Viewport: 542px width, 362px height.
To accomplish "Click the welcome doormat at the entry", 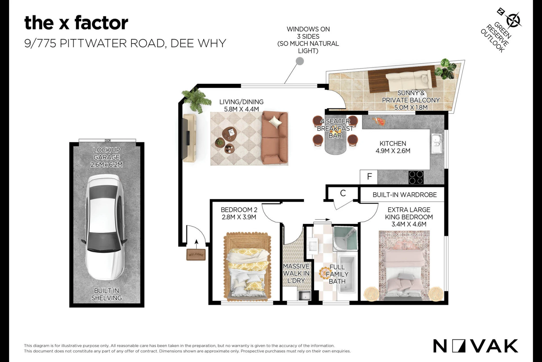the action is point(196,255).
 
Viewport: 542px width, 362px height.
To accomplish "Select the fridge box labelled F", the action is point(369,177).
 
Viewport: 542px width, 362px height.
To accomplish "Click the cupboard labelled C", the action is point(343,193).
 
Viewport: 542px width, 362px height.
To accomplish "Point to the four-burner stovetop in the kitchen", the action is point(416,177).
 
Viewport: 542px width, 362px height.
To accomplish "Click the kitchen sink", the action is point(437,144).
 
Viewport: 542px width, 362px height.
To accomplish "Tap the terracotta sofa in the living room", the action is point(275,138).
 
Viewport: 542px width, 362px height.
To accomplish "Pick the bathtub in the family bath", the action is point(347,275).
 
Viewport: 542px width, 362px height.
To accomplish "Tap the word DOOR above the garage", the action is point(107,141).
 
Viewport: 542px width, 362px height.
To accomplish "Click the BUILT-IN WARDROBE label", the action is point(404,195).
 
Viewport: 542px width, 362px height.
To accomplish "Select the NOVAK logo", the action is point(476,346).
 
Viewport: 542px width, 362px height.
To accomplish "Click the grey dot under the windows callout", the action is point(300,61).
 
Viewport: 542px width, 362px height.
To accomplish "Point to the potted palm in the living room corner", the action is point(196,100).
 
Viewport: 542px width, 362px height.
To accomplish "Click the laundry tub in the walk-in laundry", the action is point(304,295).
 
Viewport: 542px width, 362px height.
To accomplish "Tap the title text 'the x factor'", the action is point(76,23).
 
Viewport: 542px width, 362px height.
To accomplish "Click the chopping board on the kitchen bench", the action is point(379,121).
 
